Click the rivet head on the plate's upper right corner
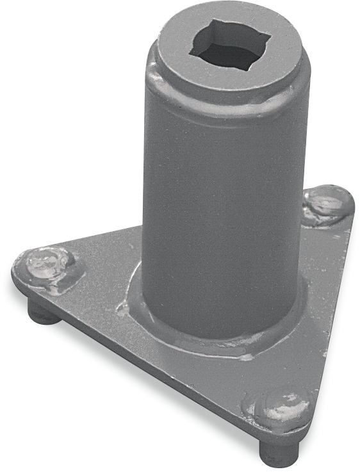click(326, 204)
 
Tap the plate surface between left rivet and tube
click(102, 269)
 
